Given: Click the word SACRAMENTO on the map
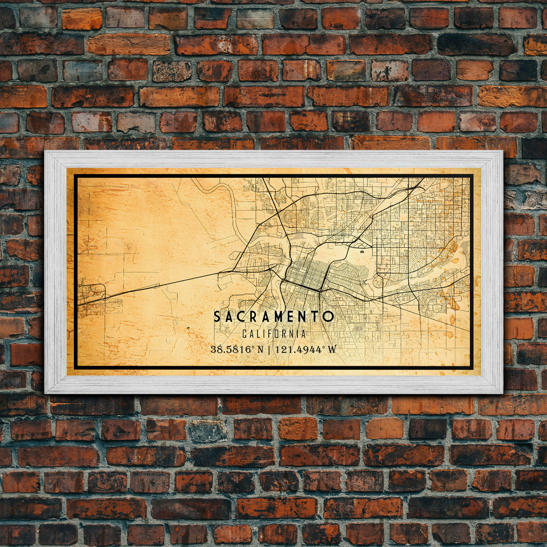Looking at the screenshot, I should click(x=273, y=317).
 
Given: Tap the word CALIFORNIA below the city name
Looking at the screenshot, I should click(x=274, y=334).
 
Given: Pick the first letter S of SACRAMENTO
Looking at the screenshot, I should click(x=217, y=317).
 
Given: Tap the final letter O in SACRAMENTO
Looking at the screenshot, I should click(x=329, y=317).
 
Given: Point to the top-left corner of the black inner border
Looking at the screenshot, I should click(x=75, y=176).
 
